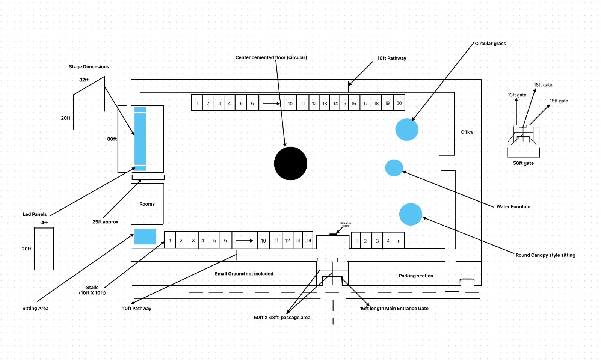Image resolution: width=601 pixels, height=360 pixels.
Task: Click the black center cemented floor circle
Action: tap(291, 164)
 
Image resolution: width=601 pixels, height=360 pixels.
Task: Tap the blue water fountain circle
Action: tap(394, 168)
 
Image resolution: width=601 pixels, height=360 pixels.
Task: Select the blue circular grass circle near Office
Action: tap(407, 130)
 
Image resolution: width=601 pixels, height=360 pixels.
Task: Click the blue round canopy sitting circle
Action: tap(411, 214)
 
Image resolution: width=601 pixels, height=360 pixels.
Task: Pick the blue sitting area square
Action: tap(145, 237)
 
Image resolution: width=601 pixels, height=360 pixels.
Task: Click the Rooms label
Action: tap(147, 204)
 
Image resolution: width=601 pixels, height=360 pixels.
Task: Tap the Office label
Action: tap(467, 132)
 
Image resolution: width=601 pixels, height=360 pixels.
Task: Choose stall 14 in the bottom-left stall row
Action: tap(308, 241)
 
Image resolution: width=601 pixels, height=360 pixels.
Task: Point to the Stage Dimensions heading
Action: tap(89, 67)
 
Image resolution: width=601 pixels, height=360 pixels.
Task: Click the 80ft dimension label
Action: tap(112, 139)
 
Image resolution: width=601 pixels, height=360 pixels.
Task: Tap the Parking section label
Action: tap(416, 276)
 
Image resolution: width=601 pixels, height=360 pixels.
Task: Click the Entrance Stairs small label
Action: tap(346, 224)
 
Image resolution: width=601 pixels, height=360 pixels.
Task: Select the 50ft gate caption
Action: tap(524, 163)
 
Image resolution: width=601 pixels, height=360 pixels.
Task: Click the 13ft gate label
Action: tap(517, 95)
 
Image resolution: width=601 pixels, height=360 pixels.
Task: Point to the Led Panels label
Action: tap(35, 214)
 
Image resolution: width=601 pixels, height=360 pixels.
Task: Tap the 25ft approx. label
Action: tap(106, 222)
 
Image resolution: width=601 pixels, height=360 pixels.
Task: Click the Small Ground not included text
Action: tap(244, 274)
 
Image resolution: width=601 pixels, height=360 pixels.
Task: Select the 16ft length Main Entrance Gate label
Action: tap(394, 309)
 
